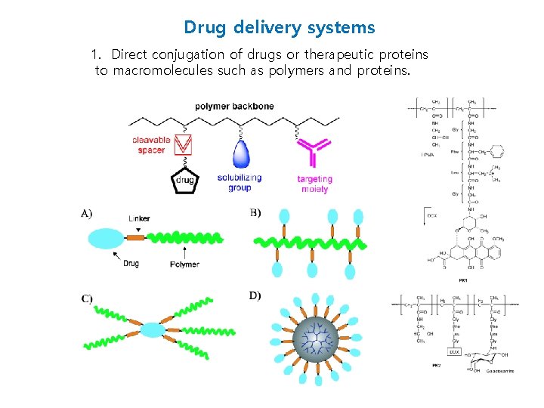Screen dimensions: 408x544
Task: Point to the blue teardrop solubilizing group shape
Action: pyautogui.click(x=240, y=154)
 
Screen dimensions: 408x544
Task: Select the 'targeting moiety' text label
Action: pyautogui.click(x=314, y=184)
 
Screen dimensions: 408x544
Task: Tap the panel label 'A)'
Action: pyautogui.click(x=87, y=213)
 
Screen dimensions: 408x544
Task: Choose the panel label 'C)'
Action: pyautogui.click(x=87, y=298)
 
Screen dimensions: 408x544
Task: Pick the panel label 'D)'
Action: pyautogui.click(x=255, y=295)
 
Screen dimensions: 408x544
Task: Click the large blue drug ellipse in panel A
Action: pyautogui.click(x=110, y=239)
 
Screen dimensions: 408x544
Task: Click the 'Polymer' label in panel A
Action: pyautogui.click(x=184, y=264)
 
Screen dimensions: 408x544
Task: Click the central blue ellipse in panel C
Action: pyautogui.click(x=153, y=329)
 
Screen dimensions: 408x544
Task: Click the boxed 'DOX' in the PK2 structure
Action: pyautogui.click(x=455, y=352)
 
